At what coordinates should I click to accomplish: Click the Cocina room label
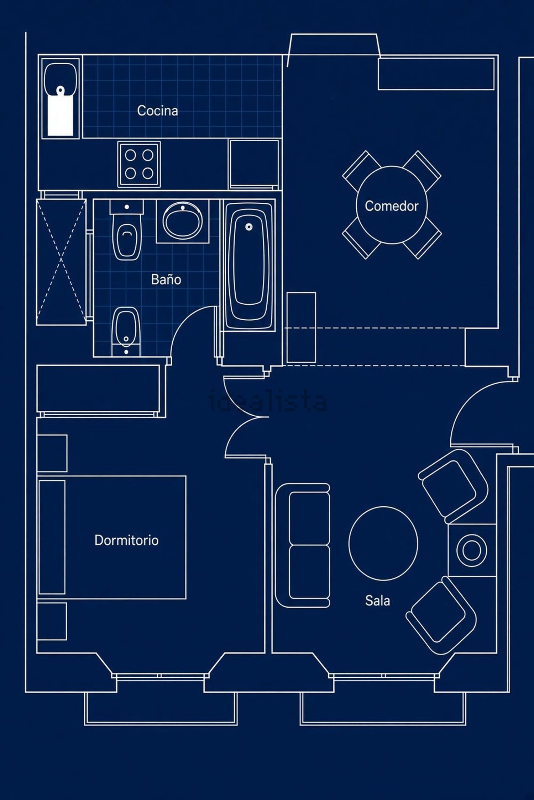click(x=157, y=111)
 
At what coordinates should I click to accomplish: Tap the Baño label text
click(x=166, y=279)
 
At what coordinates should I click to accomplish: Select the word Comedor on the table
click(x=392, y=206)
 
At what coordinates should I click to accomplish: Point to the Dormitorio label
click(x=126, y=540)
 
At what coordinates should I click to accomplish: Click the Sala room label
click(x=377, y=601)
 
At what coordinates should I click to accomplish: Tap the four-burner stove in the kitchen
click(x=139, y=164)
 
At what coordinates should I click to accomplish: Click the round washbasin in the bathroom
click(x=183, y=221)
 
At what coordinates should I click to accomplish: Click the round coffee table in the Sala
click(x=383, y=544)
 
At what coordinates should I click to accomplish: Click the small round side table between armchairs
click(x=472, y=550)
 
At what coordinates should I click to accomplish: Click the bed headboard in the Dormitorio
click(x=52, y=537)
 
